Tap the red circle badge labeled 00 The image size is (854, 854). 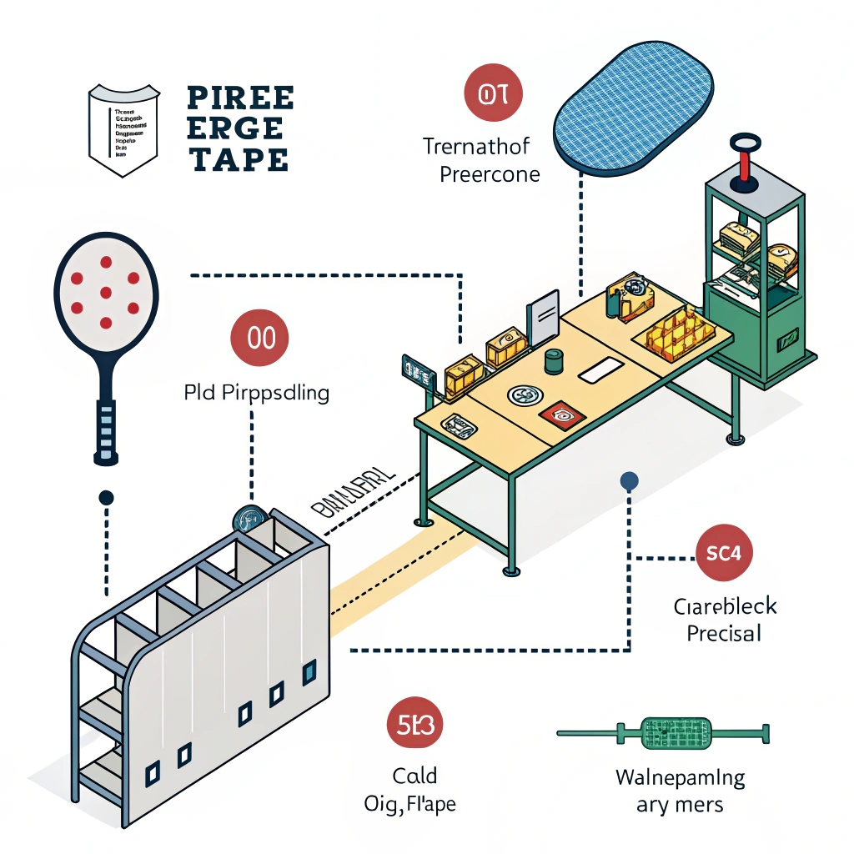coord(259,338)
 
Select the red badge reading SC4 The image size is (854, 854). coord(723,552)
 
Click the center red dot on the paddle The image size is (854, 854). coord(106,292)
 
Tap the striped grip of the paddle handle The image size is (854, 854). coord(104,427)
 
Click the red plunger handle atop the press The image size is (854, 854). coord(743,166)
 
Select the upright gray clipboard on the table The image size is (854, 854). coord(542,318)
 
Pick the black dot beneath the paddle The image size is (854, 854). coord(106,498)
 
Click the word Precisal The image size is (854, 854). coord(724,633)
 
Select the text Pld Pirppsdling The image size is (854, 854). coord(256,392)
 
